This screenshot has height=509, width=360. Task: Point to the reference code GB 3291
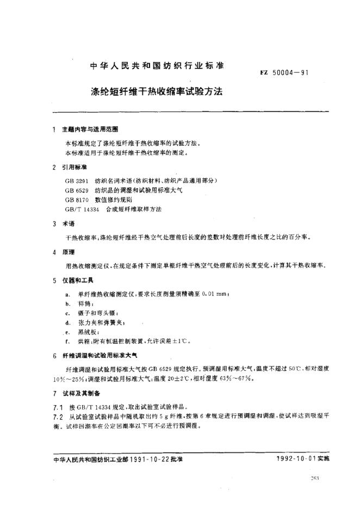point(76,179)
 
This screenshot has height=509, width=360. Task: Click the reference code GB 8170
point(76,199)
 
